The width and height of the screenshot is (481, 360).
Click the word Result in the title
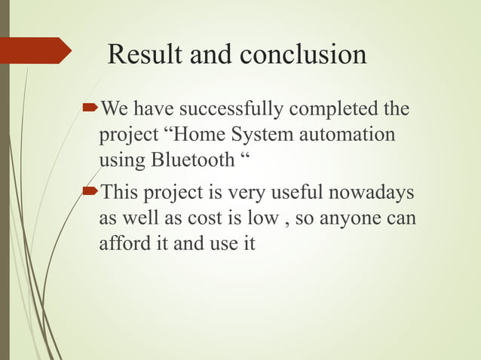tap(144, 54)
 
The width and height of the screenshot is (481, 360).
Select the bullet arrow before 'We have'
tap(92, 110)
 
